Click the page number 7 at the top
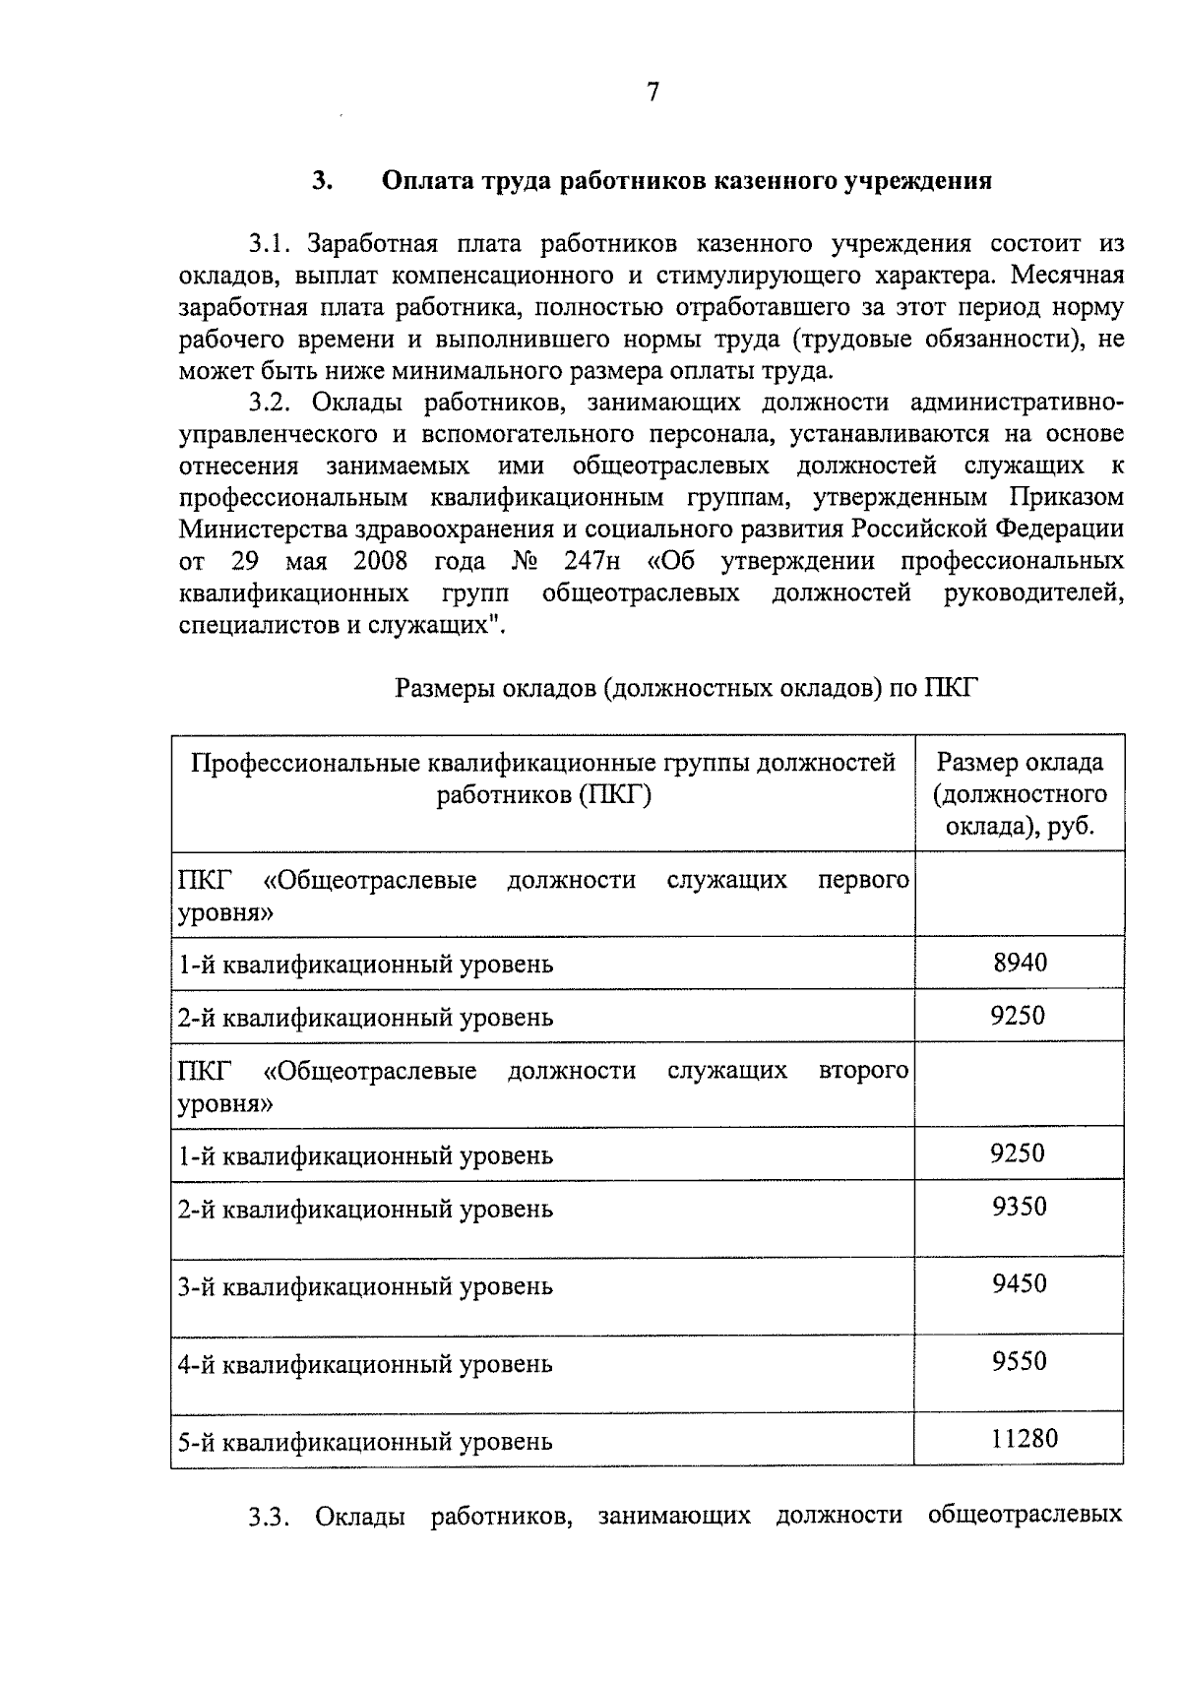pyautogui.click(x=653, y=93)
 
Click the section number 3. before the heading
pyautogui.click(x=322, y=181)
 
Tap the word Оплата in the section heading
pyautogui.click(x=425, y=181)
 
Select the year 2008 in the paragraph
pyautogui.click(x=380, y=561)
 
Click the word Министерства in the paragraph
pyautogui.click(x=260, y=529)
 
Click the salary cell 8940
pyautogui.click(x=1020, y=962)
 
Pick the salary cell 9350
pyautogui.click(x=1019, y=1206)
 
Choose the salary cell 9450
pyautogui.click(x=1019, y=1283)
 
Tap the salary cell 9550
pyautogui.click(x=1019, y=1361)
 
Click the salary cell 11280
pyautogui.click(x=1024, y=1438)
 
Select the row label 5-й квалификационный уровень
pyautogui.click(x=365, y=1443)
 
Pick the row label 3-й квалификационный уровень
pyautogui.click(x=365, y=1287)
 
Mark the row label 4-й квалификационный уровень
pyautogui.click(x=365, y=1365)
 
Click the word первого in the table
pyautogui.click(x=863, y=879)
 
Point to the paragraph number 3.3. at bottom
pyautogui.click(x=269, y=1517)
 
